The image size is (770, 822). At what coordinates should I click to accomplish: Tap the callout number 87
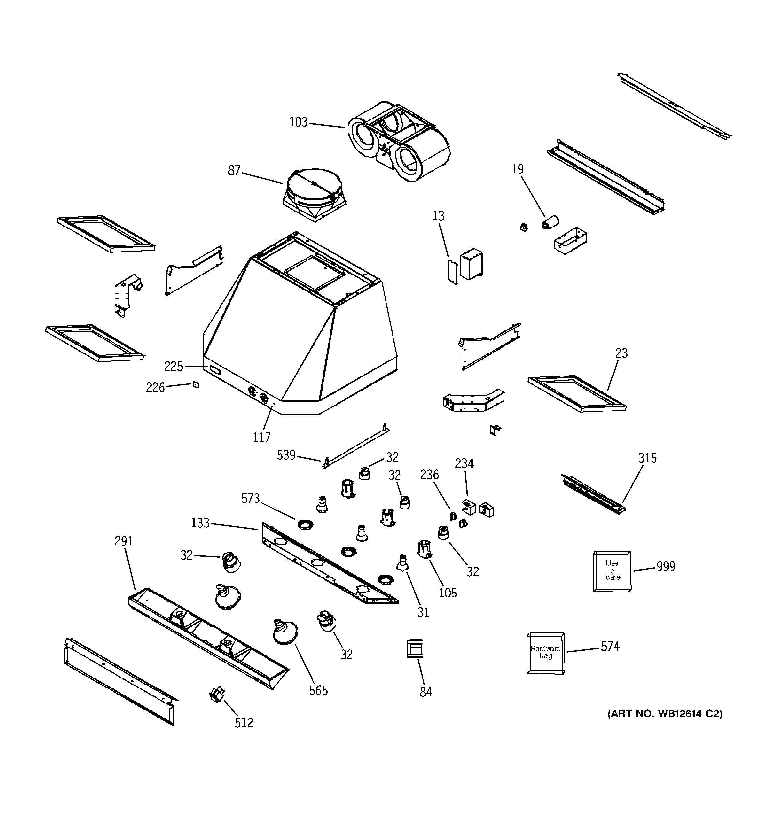(x=234, y=170)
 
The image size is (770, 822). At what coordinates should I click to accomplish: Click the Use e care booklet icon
(x=612, y=570)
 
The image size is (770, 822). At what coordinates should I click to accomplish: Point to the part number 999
(x=666, y=566)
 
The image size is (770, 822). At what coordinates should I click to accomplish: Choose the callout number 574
(x=610, y=646)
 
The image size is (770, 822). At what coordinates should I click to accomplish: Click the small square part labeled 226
(x=196, y=385)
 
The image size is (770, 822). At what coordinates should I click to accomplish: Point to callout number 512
(x=244, y=723)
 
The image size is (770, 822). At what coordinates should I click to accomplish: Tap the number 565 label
(x=318, y=690)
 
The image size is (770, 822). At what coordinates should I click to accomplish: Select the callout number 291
(x=124, y=541)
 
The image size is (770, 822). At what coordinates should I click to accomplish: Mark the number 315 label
(x=647, y=458)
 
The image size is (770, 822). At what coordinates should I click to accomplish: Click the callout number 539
(x=286, y=455)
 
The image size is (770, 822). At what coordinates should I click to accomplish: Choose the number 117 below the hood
(x=262, y=437)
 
